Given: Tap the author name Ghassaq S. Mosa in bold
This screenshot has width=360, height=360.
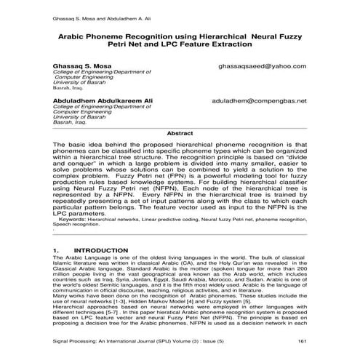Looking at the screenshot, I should (82, 65).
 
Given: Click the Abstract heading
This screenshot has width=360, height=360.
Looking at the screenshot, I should (180, 135).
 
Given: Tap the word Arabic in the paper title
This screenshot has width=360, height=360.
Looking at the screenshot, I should (80, 34).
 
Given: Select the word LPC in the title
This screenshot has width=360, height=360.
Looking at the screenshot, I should (163, 44).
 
